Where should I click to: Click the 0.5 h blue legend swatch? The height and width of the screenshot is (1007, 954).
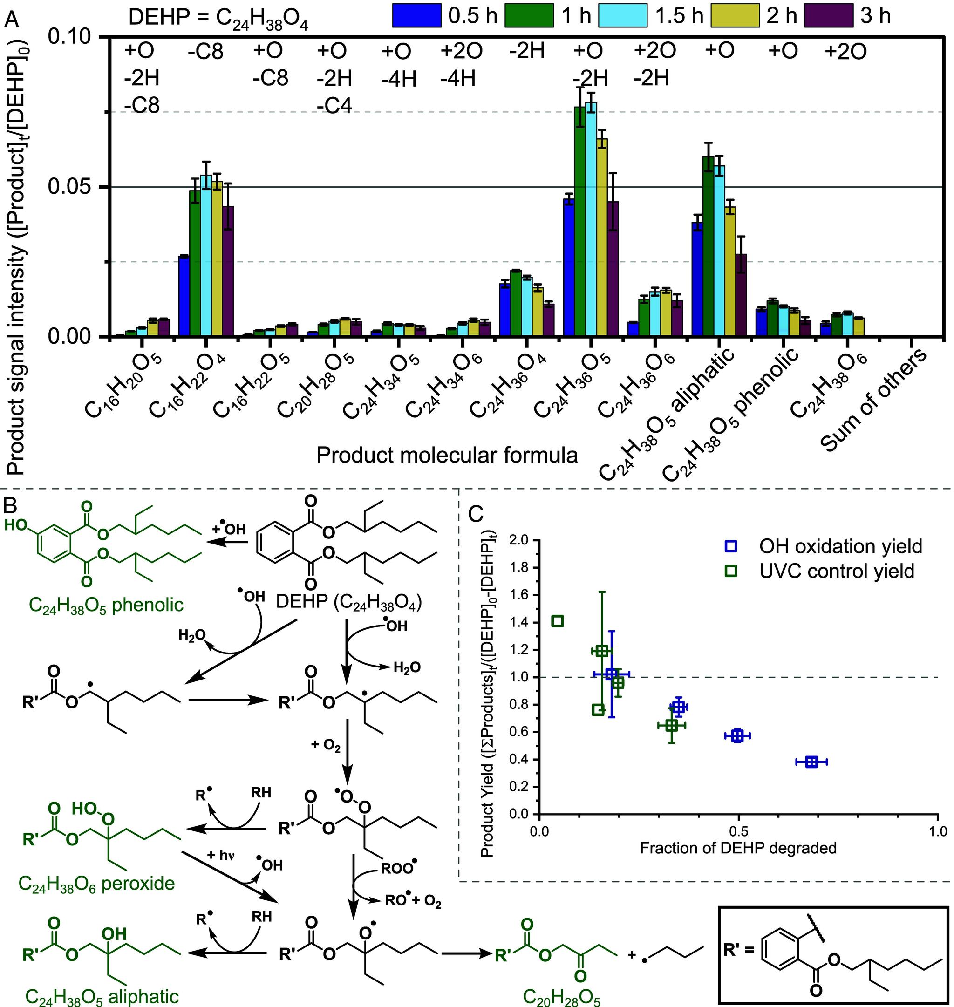(x=416, y=16)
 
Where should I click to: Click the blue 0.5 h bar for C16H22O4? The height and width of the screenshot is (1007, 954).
(x=184, y=295)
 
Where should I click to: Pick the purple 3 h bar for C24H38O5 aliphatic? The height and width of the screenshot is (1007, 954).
(x=742, y=295)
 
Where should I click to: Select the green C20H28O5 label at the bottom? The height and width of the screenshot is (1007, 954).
(x=561, y=998)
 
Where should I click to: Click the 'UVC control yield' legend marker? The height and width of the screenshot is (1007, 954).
(x=731, y=571)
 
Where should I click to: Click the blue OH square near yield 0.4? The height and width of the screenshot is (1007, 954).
(x=811, y=762)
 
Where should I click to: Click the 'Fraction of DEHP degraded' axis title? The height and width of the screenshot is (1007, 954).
(x=738, y=848)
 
